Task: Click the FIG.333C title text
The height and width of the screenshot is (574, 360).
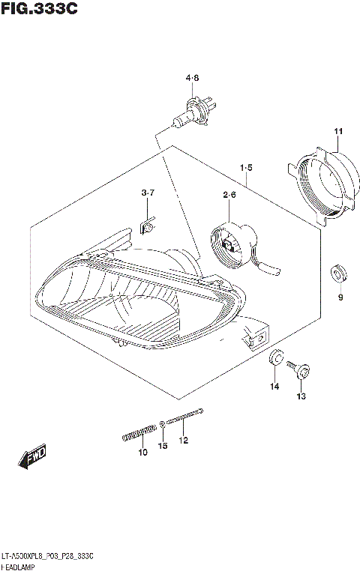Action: [x=39, y=9]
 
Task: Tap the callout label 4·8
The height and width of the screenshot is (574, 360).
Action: [x=192, y=78]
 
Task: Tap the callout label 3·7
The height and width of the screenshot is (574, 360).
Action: [x=148, y=193]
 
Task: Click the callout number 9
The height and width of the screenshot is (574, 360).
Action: [x=340, y=298]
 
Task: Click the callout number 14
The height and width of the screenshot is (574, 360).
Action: [x=274, y=386]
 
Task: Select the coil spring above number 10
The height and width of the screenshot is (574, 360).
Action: [x=139, y=432]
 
